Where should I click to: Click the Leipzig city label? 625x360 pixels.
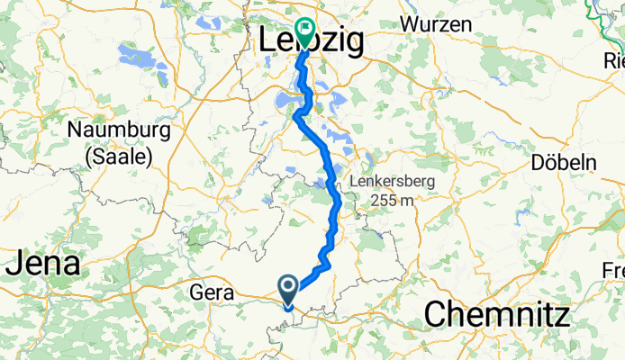pos(311,41)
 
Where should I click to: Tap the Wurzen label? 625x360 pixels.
pos(437,24)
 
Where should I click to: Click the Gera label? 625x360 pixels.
pos(213,292)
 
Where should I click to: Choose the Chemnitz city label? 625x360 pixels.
pos(496,315)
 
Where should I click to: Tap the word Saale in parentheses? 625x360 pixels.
pos(119,155)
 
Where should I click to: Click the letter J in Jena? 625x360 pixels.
pos(14,265)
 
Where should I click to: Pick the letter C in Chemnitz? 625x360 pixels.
pos(435,315)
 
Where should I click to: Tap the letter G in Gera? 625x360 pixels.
pos(197,292)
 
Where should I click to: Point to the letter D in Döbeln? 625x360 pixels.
pos(539,162)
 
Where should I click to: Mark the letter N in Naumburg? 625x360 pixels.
pos(75,130)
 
